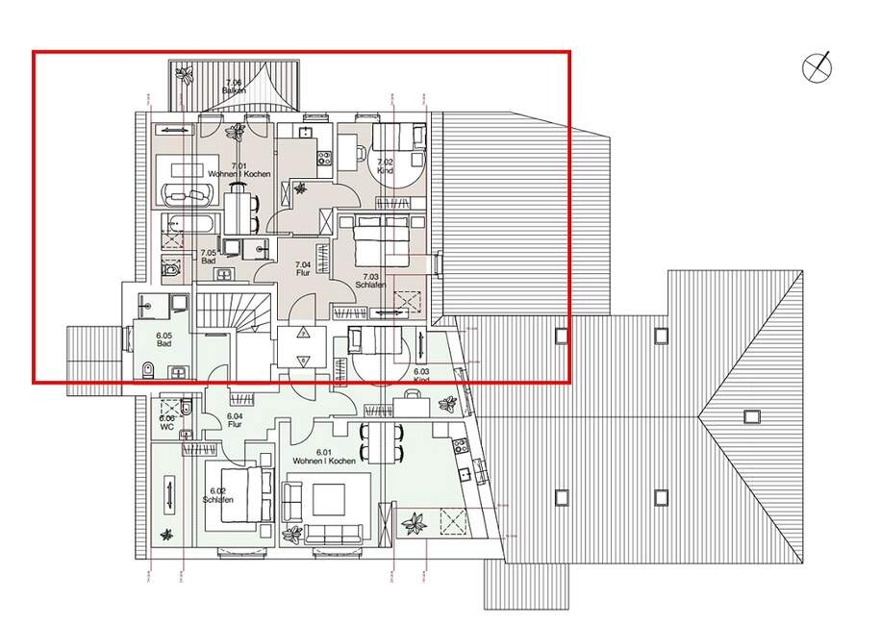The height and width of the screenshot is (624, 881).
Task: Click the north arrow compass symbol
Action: tap(818, 67)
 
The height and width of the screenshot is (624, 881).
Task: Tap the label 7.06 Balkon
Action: tap(234, 87)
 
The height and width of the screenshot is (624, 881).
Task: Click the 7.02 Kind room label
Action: tap(385, 166)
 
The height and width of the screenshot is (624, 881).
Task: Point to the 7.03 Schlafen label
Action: tap(370, 281)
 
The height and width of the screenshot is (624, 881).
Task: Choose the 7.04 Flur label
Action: tap(302, 268)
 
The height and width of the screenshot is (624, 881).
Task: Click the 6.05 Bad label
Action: tap(164, 339)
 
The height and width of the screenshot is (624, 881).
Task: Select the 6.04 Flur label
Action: tap(234, 420)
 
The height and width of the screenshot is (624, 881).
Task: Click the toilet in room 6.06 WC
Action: tap(189, 412)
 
